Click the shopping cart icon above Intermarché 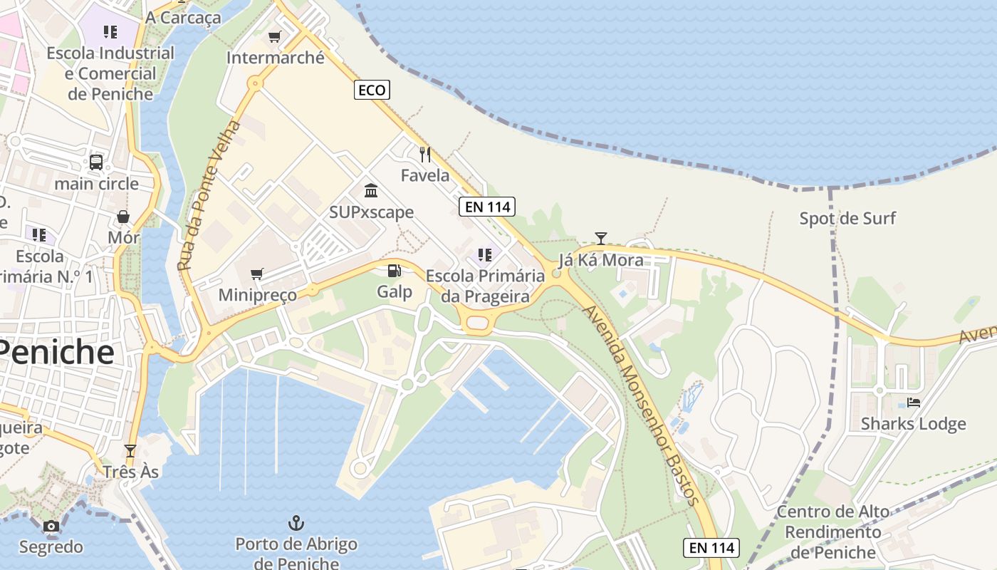[x=275, y=36]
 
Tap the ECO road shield [x=372, y=90]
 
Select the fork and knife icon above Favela [x=425, y=155]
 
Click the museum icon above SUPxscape [x=371, y=191]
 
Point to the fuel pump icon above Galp [x=394, y=271]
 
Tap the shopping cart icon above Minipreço [x=257, y=274]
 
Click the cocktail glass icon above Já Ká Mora [x=601, y=239]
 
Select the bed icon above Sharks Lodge [x=914, y=403]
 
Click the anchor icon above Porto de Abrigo [x=296, y=524]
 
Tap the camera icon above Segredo [x=51, y=527]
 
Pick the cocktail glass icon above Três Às [x=130, y=451]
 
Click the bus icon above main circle [x=96, y=162]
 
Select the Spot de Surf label [x=847, y=218]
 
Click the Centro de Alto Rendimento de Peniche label [x=833, y=532]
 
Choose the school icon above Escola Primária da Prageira [x=485, y=255]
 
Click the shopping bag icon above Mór [x=123, y=217]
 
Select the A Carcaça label [x=183, y=17]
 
